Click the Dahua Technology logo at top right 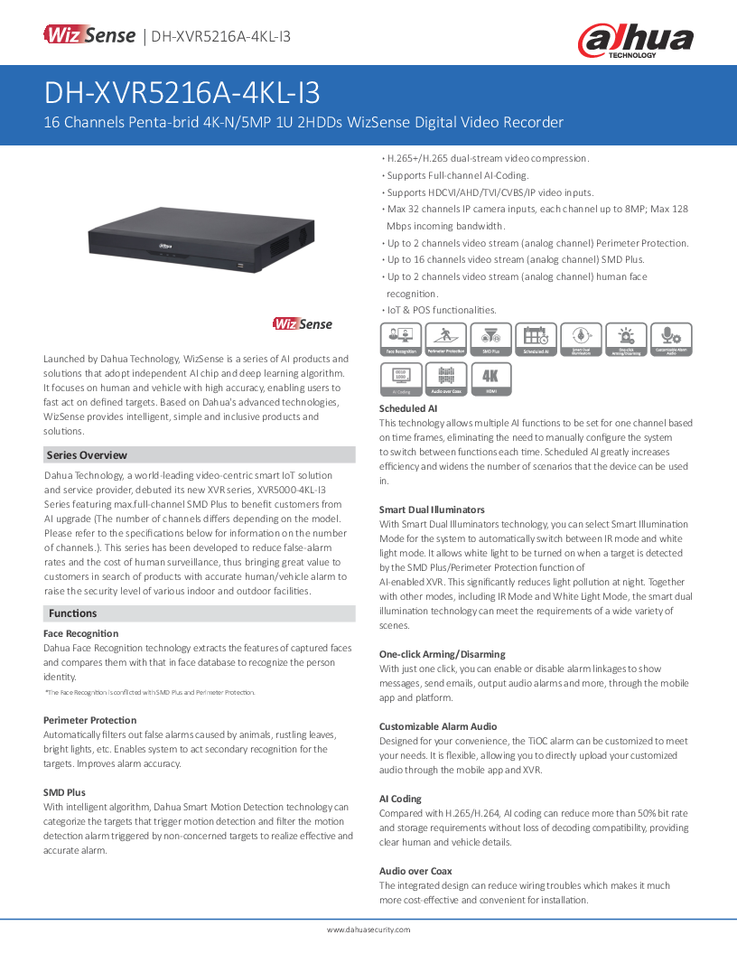click(636, 40)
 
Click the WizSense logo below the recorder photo click(303, 324)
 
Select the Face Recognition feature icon click(401, 340)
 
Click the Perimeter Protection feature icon click(446, 340)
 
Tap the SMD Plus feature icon click(490, 340)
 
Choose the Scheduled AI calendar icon click(536, 340)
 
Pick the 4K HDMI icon click(490, 379)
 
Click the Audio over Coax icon click(446, 379)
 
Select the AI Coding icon click(401, 379)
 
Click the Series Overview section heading click(87, 455)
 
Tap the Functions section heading click(73, 613)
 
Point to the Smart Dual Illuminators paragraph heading click(432, 510)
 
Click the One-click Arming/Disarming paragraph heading click(442, 654)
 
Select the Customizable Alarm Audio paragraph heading click(438, 726)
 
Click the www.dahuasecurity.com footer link click(368, 930)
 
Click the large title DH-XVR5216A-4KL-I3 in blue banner click(182, 93)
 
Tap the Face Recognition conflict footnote click(150, 692)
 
